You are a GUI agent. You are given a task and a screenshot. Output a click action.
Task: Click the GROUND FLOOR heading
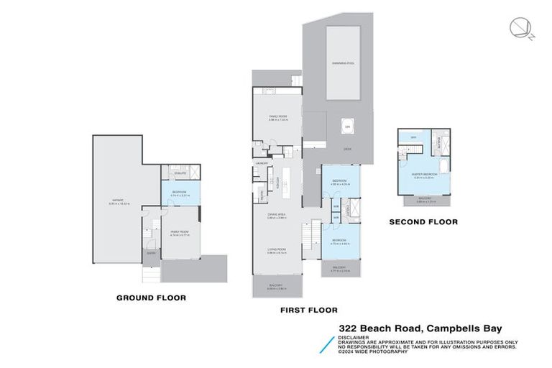[152, 297]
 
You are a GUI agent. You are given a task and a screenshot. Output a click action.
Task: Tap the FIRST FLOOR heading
[309, 310]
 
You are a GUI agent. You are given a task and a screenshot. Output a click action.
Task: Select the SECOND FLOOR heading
[423, 222]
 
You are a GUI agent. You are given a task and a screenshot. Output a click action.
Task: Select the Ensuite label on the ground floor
[180, 173]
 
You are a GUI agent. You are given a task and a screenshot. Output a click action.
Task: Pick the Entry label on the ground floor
[151, 253]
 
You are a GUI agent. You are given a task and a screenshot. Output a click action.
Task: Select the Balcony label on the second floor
[425, 198]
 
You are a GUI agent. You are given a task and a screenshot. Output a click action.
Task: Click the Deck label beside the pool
[347, 148]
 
